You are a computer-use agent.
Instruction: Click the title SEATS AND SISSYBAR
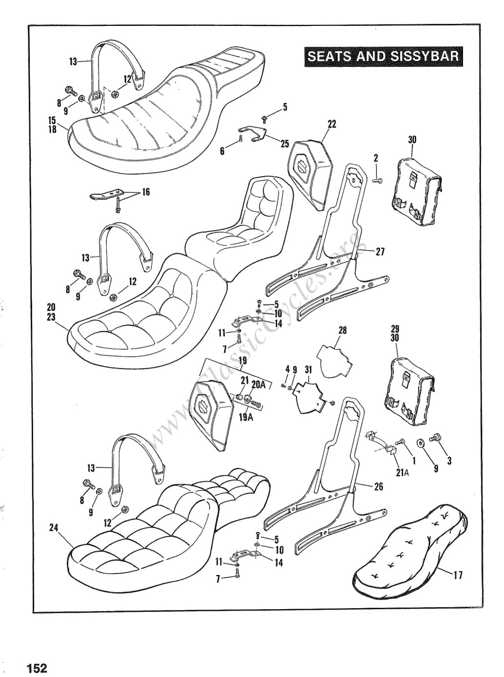[383, 56]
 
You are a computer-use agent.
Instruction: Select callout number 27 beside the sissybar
[380, 252]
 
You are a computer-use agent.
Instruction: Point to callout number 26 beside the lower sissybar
[379, 487]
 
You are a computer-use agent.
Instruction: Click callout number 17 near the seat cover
[458, 576]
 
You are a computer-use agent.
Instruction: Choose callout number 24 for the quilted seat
[54, 527]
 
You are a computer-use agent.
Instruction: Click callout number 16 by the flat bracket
[146, 192]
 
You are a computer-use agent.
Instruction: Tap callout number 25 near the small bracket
[284, 143]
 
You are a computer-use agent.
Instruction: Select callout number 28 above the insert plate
[343, 330]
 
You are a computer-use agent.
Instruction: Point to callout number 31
[308, 370]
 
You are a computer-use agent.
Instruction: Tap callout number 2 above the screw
[376, 158]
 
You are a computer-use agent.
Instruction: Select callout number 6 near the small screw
[222, 151]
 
